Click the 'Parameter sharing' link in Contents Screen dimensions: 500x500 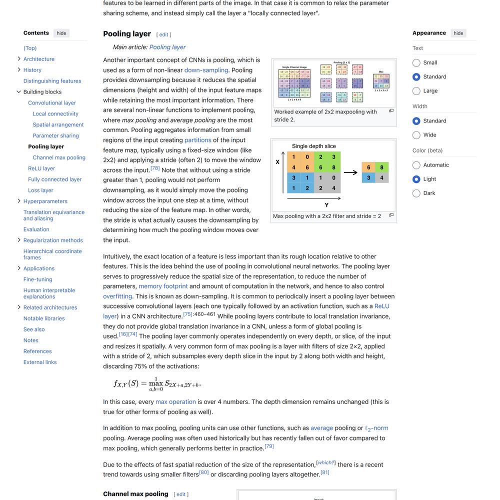[x=55, y=135]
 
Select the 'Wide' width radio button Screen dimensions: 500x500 [x=416, y=135]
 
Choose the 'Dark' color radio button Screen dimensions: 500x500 [x=416, y=193]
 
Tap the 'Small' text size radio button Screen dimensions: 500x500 [x=416, y=62]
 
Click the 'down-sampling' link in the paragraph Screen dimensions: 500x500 [x=206, y=70]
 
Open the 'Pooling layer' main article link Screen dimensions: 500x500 [x=167, y=47]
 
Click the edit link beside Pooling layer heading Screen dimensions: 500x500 [x=163, y=34]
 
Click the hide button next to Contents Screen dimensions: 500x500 [x=61, y=33]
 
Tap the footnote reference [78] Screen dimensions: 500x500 [x=155, y=168]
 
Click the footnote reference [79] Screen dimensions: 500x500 [x=269, y=446]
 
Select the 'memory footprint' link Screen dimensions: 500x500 [x=163, y=286]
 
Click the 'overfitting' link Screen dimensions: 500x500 [x=117, y=296]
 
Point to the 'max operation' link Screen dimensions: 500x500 [x=175, y=401]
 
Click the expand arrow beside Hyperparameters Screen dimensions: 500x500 [x=19, y=201]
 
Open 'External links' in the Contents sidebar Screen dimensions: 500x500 [x=40, y=362]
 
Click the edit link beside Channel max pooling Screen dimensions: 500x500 [x=181, y=494]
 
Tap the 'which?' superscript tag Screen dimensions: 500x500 [x=326, y=462]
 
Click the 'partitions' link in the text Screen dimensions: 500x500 [x=197, y=140]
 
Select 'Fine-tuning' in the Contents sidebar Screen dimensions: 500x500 [x=37, y=279]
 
